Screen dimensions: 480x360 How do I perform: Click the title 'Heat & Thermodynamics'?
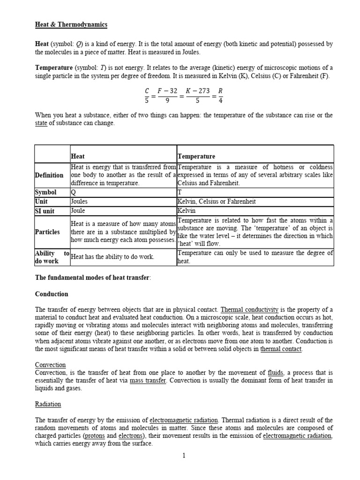(71, 24)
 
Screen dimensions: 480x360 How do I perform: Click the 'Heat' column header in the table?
(78, 156)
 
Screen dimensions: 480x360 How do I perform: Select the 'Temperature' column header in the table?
(196, 156)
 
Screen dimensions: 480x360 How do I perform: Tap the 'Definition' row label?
(49, 175)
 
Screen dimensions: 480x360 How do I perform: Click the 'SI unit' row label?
(46, 211)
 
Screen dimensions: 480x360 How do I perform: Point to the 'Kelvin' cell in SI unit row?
(187, 211)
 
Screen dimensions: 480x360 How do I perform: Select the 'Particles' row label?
(47, 232)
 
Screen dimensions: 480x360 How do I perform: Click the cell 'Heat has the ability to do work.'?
(112, 257)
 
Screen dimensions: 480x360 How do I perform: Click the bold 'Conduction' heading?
(52, 294)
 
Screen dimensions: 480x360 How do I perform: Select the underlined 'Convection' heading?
(51, 365)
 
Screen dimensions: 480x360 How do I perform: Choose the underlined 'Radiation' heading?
(48, 404)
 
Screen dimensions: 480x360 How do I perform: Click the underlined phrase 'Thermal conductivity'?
(249, 310)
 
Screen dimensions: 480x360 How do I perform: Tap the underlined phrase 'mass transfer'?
(148, 381)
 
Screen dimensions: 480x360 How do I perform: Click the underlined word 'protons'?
(94, 436)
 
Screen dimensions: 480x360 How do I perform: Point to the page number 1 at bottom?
(184, 456)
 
